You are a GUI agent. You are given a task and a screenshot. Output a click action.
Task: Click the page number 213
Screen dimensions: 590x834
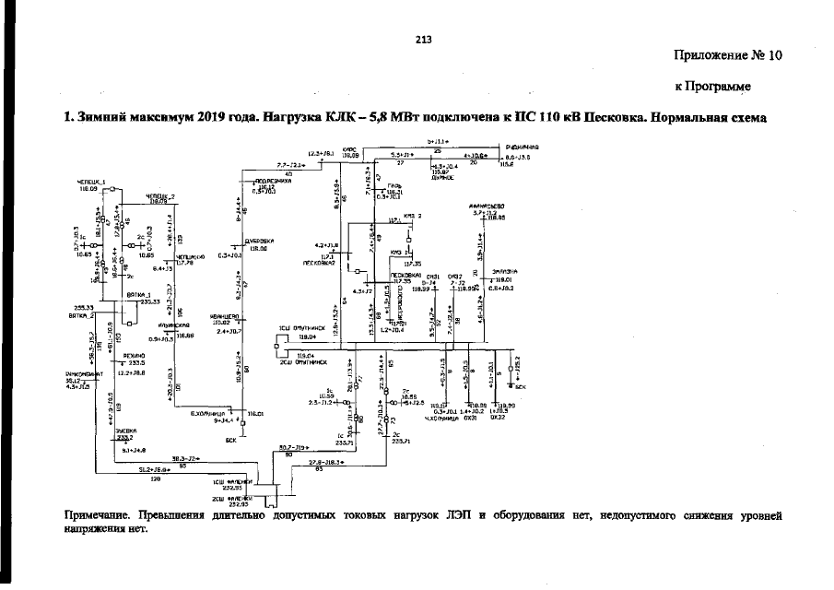[423, 40]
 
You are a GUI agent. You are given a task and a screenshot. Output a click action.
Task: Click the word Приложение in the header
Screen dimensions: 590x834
[713, 55]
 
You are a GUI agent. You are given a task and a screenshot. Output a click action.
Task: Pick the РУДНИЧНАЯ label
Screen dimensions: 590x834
[522, 147]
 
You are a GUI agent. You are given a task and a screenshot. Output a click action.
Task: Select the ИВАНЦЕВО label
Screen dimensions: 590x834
[225, 317]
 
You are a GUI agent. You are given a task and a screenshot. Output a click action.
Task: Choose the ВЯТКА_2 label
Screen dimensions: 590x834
[81, 315]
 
